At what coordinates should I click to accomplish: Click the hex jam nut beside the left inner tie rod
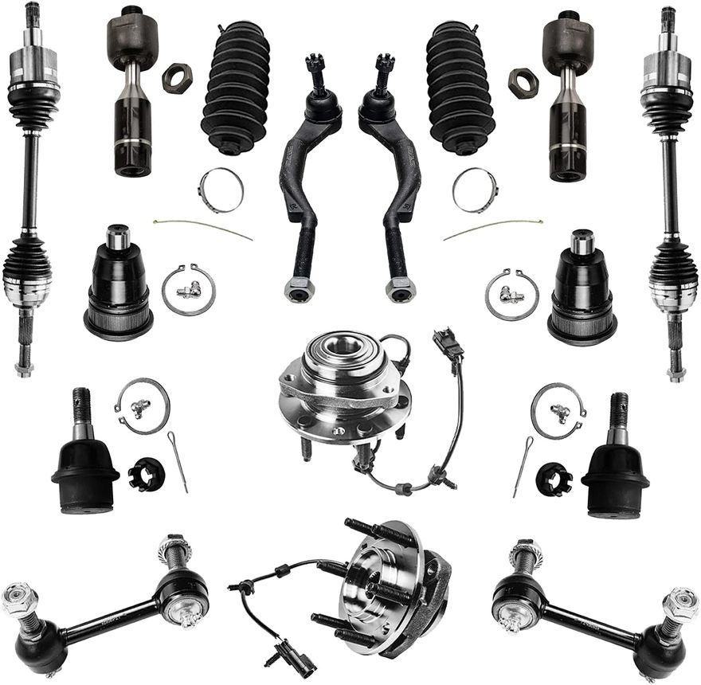177,77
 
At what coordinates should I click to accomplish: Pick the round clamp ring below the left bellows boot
221,190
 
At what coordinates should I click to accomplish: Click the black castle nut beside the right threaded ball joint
553,478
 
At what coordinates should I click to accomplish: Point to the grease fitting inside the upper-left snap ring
189,292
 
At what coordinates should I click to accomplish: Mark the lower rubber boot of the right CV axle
672,271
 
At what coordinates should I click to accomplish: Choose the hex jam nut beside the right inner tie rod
523,83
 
